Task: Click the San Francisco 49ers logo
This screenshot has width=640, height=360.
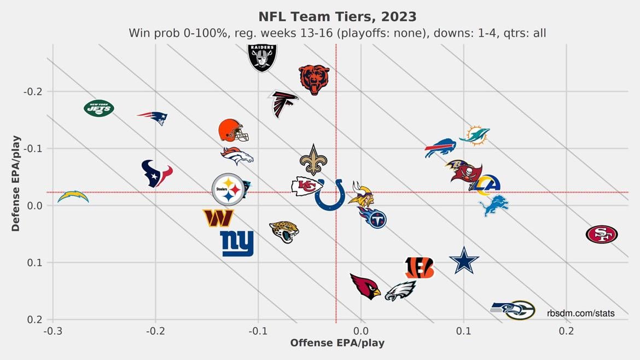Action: [x=601, y=235]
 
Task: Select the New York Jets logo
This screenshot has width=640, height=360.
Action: [x=99, y=108]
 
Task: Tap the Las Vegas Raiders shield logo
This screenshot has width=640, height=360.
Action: [x=262, y=57]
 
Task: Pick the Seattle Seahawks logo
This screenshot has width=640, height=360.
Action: [x=513, y=310]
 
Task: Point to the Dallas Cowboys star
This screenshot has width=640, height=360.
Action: [x=464, y=260]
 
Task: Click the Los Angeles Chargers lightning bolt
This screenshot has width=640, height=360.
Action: [x=73, y=196]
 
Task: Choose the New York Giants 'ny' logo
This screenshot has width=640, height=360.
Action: [x=237, y=243]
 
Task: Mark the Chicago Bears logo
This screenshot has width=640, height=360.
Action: [x=314, y=79]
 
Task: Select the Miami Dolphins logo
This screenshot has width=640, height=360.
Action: [x=474, y=135]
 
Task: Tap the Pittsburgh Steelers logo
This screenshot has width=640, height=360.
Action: [x=228, y=189]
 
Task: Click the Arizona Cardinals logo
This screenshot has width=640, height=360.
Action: [x=365, y=286]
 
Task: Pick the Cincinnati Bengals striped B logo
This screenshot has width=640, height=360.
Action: [x=419, y=268]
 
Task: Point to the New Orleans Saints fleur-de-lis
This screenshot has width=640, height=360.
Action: [x=313, y=160]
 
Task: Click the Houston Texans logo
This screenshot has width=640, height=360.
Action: [x=156, y=173]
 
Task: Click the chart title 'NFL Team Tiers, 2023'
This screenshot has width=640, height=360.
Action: [x=337, y=16]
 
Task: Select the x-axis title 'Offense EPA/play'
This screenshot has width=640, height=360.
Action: [x=337, y=343]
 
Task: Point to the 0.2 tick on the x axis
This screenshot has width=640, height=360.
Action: [x=566, y=330]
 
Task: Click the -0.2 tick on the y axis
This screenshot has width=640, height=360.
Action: [x=33, y=91]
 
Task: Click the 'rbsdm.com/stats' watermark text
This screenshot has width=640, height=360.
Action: [x=580, y=313]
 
